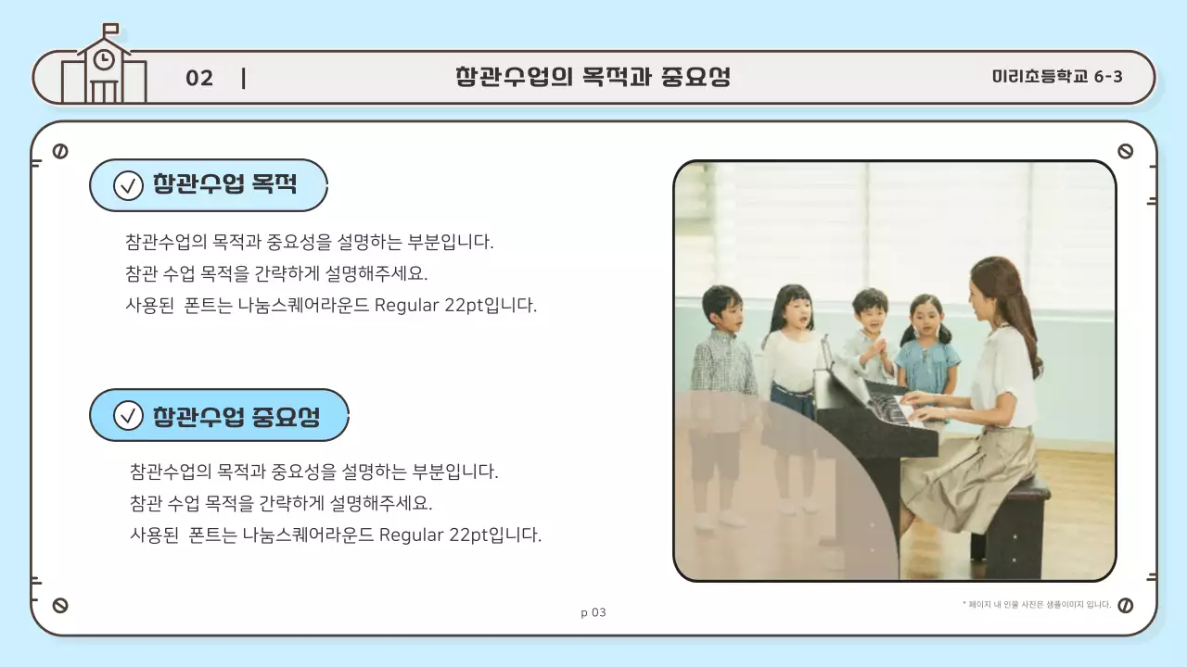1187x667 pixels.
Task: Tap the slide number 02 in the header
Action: pyautogui.click(x=199, y=78)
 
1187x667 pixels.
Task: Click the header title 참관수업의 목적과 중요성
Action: pyautogui.click(x=593, y=77)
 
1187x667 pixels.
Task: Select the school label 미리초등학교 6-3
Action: pyautogui.click(x=1056, y=77)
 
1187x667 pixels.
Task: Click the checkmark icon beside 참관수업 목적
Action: pyautogui.click(x=128, y=185)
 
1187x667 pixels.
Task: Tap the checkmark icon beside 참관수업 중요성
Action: pyautogui.click(x=128, y=416)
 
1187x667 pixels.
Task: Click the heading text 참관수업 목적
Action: pyautogui.click(x=224, y=184)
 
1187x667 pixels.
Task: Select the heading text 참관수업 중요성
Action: pyautogui.click(x=236, y=416)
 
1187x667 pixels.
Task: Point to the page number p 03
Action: pyautogui.click(x=593, y=612)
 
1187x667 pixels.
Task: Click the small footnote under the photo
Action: pyautogui.click(x=1037, y=605)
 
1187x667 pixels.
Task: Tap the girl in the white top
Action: pyautogui.click(x=790, y=352)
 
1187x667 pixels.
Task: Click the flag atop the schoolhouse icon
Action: pyautogui.click(x=110, y=29)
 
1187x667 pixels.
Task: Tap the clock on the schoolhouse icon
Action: pyautogui.click(x=105, y=59)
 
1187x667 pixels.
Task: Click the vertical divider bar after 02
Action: pyautogui.click(x=243, y=78)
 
